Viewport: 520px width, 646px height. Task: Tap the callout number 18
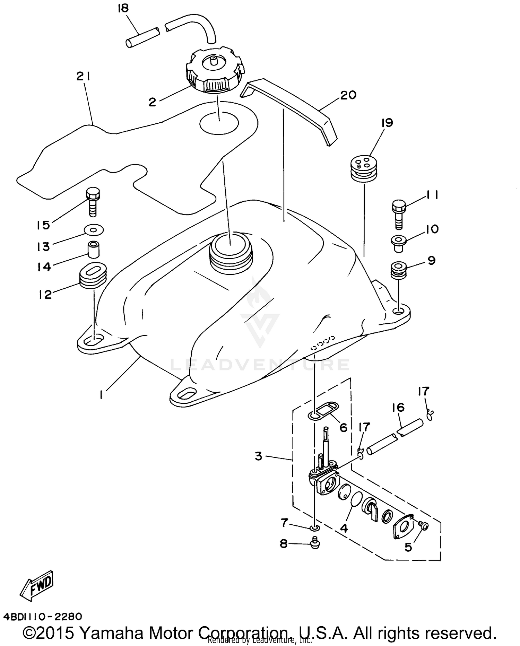tap(123, 8)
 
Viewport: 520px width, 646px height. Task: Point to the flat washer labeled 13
tap(94, 229)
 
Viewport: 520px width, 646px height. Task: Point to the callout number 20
tap(348, 95)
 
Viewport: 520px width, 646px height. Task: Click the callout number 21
tap(84, 77)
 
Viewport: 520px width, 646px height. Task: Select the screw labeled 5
tap(423, 526)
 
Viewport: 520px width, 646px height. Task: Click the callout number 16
tap(398, 408)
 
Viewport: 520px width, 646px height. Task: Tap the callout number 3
tap(259, 456)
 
